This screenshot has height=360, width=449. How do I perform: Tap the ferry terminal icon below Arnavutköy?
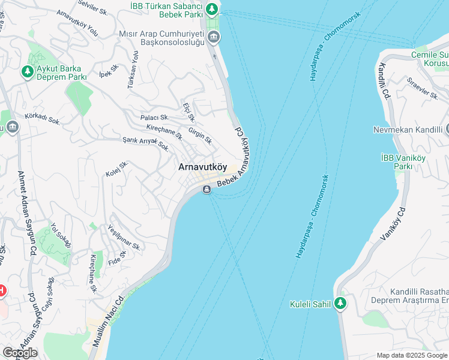click(x=206, y=190)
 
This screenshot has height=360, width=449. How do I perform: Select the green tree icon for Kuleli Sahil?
click(x=341, y=304)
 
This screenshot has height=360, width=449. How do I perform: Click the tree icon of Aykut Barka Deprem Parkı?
click(x=27, y=72)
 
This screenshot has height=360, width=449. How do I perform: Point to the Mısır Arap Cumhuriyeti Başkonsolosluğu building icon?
click(x=214, y=39)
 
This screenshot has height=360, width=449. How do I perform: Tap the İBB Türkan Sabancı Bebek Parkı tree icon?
click(x=211, y=8)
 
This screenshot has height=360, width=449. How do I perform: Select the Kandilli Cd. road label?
click(x=384, y=86)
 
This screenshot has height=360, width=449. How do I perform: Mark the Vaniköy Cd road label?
click(x=394, y=224)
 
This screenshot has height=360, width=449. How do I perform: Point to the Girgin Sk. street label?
click(x=200, y=136)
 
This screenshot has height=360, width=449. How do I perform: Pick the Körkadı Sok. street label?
click(x=43, y=119)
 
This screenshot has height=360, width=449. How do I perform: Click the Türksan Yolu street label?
click(x=133, y=71)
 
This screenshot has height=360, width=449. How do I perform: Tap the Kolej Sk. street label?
click(x=117, y=169)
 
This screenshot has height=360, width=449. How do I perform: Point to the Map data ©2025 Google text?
click(x=412, y=355)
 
